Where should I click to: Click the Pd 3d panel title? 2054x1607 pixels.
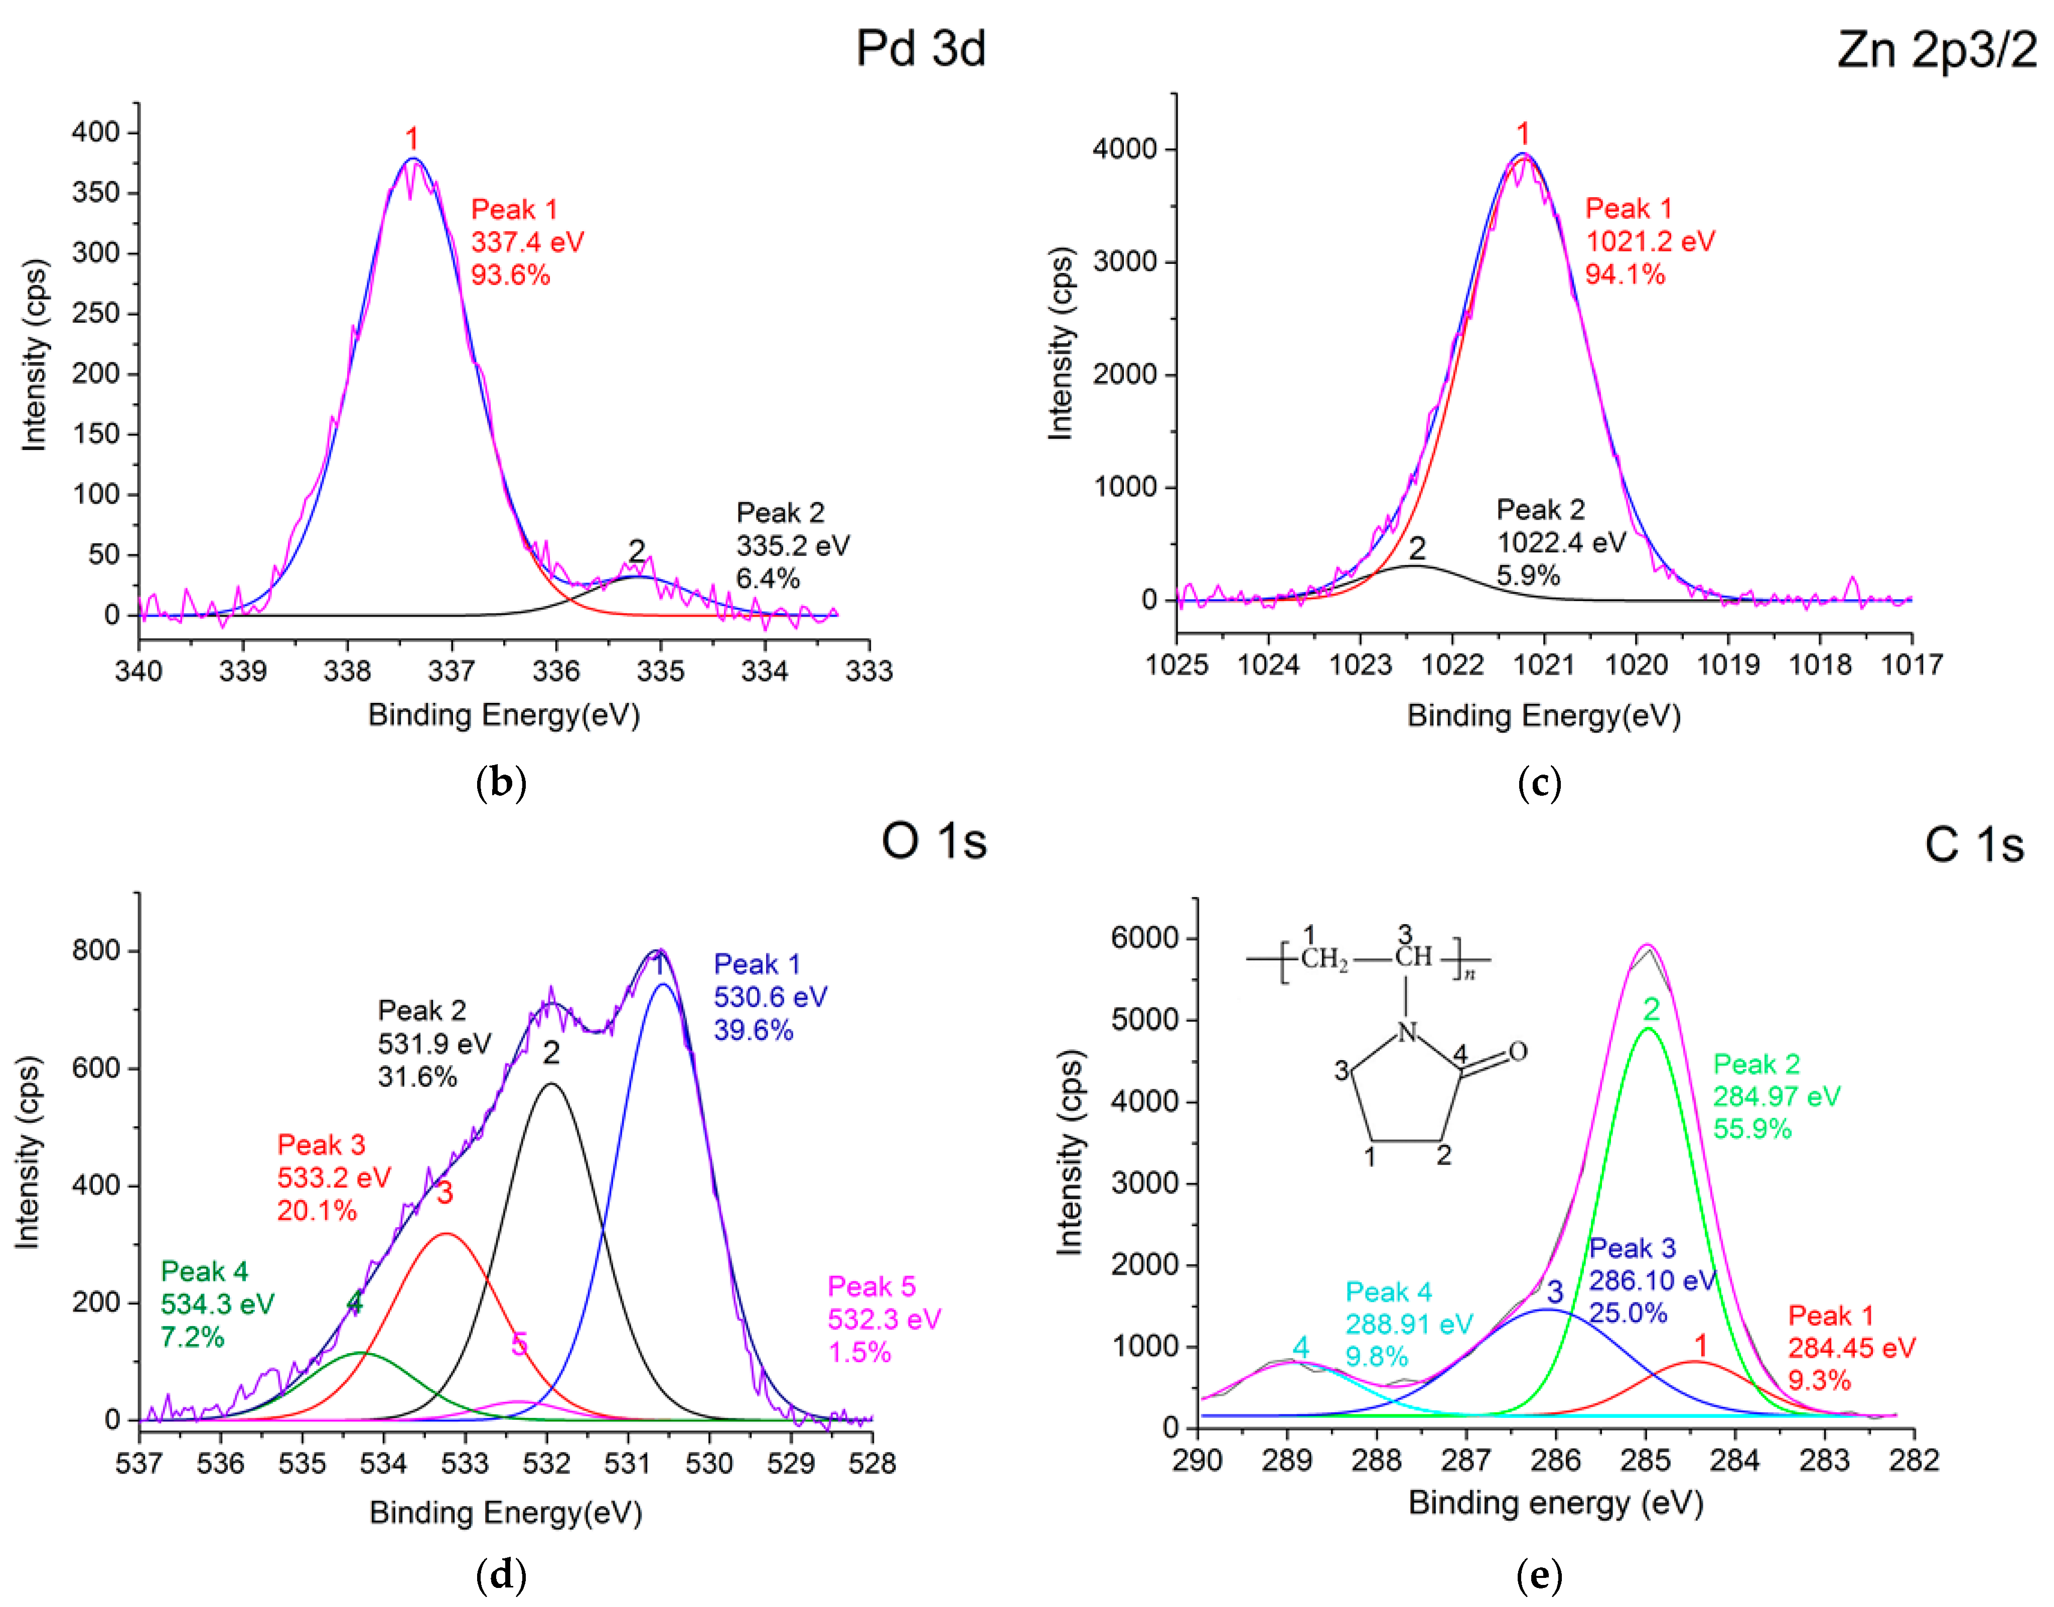pos(920,49)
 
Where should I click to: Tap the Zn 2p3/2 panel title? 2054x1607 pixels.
pos(1937,49)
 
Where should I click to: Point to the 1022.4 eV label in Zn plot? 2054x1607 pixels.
pos(1561,542)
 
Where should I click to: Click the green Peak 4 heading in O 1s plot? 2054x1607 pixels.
pos(204,1271)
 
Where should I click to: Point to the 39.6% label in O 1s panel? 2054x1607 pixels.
pos(753,1030)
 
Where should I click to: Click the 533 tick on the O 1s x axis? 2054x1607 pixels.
pos(465,1463)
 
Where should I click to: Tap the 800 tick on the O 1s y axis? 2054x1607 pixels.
pos(96,950)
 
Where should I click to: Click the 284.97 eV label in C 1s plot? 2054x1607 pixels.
pos(1776,1096)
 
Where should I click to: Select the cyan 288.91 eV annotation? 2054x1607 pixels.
pos(1408,1324)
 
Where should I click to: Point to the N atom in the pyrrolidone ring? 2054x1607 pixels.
pos(1407,1032)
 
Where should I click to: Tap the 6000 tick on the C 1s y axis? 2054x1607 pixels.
pos(1144,938)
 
